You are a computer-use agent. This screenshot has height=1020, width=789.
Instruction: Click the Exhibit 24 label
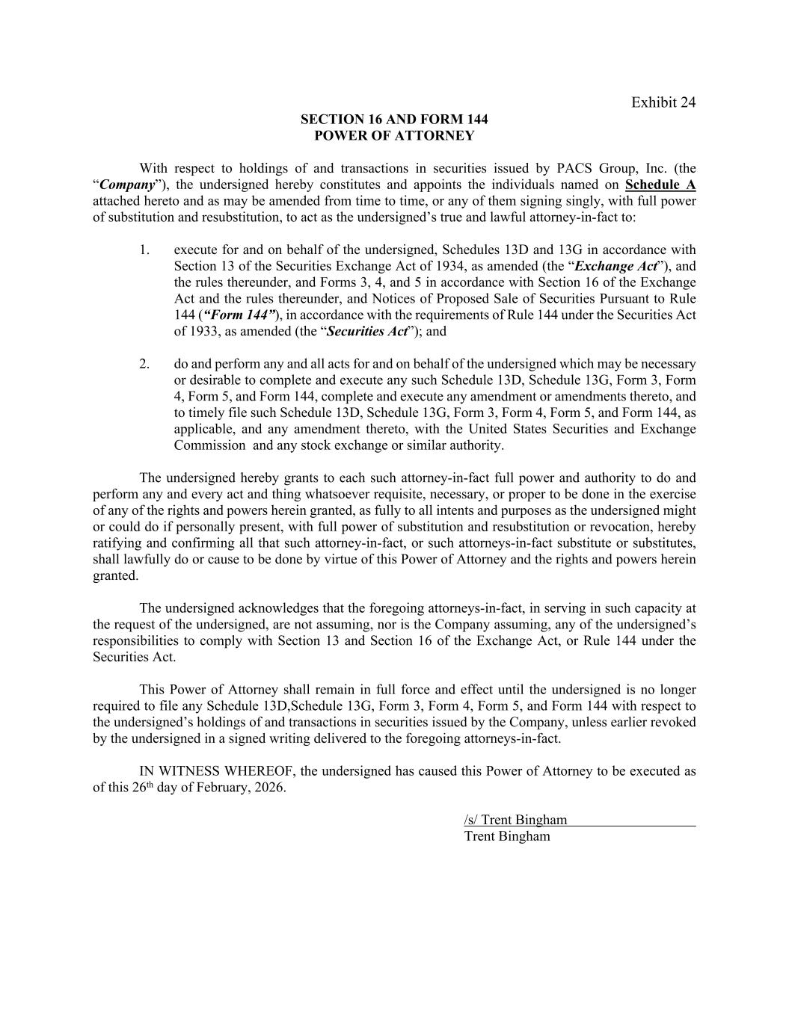(663, 102)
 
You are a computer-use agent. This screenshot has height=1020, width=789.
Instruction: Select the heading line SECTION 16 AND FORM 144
(394, 120)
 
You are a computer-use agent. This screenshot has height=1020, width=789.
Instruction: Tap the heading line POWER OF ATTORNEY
(394, 136)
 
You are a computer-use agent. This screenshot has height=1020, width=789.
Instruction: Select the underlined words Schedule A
(660, 185)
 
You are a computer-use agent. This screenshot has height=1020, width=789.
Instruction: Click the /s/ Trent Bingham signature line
(515, 820)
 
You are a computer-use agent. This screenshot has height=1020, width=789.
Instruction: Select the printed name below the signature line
(507, 837)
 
